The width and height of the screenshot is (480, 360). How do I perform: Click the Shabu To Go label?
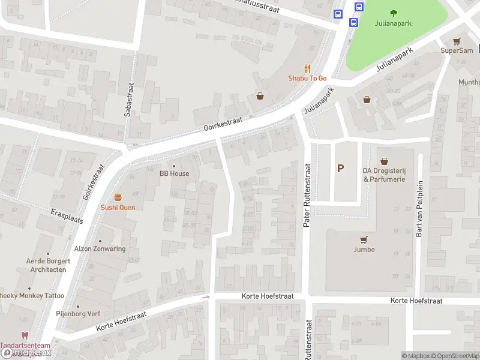307,79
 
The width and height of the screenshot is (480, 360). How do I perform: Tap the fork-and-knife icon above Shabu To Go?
307,68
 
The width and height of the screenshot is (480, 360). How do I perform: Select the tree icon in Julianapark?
394,13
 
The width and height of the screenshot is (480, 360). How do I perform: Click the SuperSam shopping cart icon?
457,41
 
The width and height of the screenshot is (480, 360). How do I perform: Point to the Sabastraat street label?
128,96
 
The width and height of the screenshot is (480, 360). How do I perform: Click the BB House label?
174,173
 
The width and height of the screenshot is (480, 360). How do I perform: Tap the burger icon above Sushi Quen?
118,197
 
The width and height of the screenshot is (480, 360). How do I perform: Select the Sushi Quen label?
118,208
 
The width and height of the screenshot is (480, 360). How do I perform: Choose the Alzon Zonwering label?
100,249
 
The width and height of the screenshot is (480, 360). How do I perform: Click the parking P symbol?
340,169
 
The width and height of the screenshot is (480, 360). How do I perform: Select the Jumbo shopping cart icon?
364,239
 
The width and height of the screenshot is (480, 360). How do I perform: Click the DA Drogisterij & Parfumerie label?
384,175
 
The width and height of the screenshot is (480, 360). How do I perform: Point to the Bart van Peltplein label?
420,209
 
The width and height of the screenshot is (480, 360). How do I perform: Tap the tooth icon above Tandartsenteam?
25,335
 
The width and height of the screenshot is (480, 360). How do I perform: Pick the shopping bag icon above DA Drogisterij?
384,161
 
